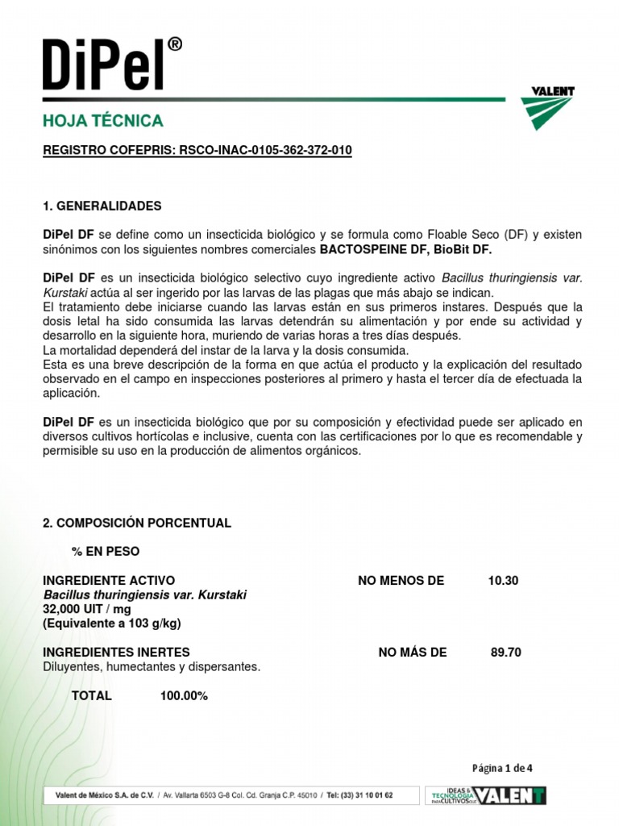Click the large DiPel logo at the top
(x=111, y=62)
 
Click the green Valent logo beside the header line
(x=547, y=108)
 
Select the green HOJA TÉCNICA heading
(x=103, y=121)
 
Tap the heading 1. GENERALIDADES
(x=102, y=206)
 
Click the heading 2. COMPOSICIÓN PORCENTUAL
(x=136, y=523)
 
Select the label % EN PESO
(x=106, y=552)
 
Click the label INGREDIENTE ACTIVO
(x=109, y=581)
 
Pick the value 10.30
(x=503, y=581)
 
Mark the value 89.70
(x=506, y=653)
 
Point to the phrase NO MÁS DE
(x=412, y=653)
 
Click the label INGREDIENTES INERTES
(x=116, y=653)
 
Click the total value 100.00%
(x=184, y=695)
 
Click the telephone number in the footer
(x=359, y=795)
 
